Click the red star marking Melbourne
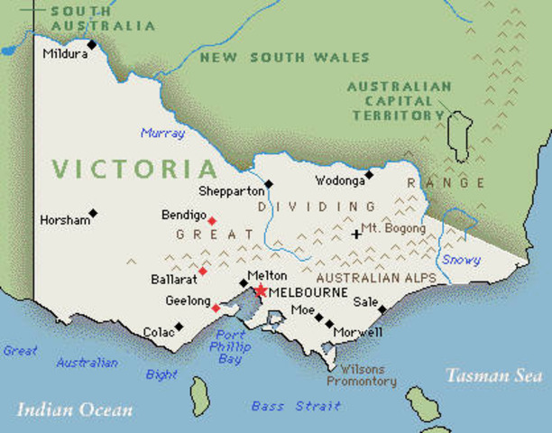pos(261,290)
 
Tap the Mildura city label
pos(65,54)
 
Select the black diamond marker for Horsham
pos(93,214)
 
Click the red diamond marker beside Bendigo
pos(212,221)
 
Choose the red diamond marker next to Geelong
pos(215,308)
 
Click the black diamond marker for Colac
pos(179,327)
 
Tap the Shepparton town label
pos(232,191)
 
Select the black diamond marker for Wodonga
pos(368,174)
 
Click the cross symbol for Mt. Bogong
pos(356,234)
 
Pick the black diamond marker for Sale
pos(382,309)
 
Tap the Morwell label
pos(358,333)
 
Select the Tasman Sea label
pos(494,375)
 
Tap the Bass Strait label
pos(296,407)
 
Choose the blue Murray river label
pos(162,134)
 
